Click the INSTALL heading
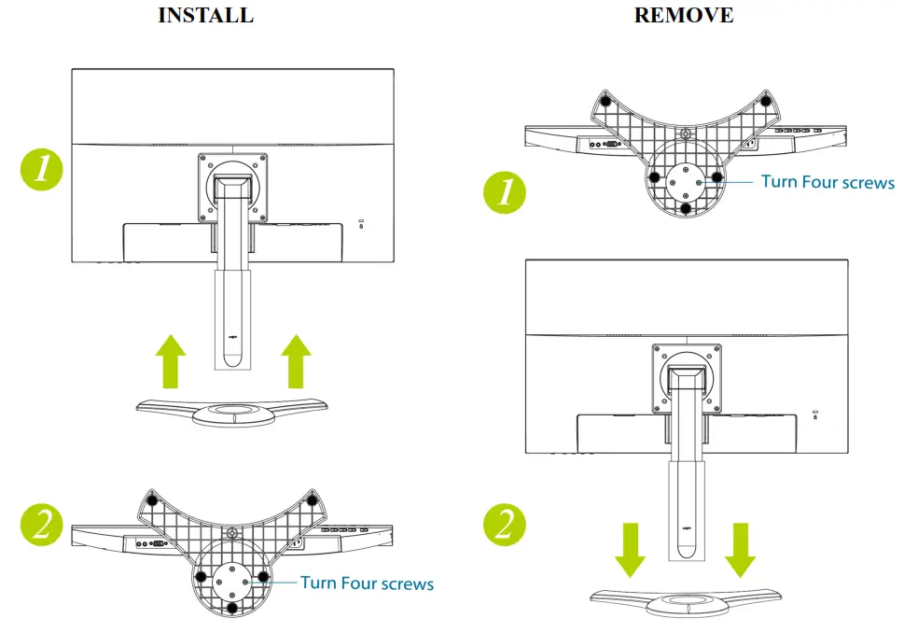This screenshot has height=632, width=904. [x=205, y=16]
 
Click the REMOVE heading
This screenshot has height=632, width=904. [x=683, y=16]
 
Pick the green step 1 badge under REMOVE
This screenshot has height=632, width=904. [x=505, y=192]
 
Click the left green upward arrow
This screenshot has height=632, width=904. [x=170, y=360]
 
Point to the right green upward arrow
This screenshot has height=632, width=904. [x=296, y=360]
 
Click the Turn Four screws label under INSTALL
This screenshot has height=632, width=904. [x=367, y=583]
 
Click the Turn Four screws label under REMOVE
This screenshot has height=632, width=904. [x=828, y=182]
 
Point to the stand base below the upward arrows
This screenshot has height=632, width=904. [x=232, y=410]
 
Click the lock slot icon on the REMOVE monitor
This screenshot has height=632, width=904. [x=815, y=414]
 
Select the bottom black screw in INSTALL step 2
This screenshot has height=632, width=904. [x=232, y=608]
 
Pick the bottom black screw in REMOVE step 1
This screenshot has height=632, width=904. [x=687, y=208]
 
